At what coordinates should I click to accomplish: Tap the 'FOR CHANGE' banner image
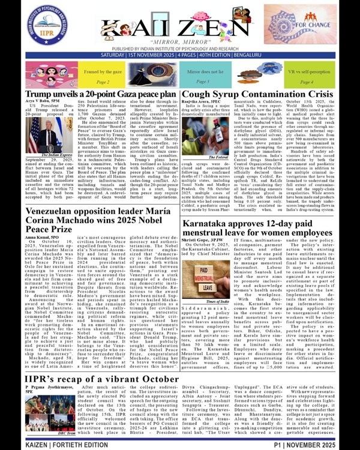pos(314,28)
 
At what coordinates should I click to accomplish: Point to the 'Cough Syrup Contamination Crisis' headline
pos(257,95)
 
